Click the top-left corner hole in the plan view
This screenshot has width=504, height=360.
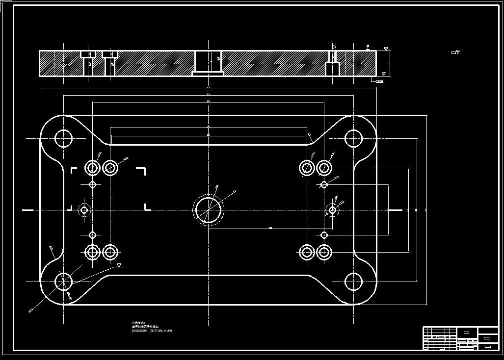point(64,139)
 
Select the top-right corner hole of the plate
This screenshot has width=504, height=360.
point(353,139)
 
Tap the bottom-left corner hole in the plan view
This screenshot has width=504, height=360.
point(64,282)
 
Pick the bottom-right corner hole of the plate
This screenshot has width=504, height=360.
point(353,282)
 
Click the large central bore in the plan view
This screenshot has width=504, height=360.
point(209,210)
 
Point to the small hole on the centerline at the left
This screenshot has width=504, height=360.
point(84,210)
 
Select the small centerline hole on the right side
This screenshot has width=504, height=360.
point(332,210)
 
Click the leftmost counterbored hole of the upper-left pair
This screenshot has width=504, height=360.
point(92,168)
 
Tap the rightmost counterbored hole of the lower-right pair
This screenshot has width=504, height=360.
point(323,252)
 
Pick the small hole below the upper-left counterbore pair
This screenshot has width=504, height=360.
point(92,184)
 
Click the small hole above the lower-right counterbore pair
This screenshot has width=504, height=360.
point(323,235)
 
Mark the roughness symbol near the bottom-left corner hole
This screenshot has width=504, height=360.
point(119,265)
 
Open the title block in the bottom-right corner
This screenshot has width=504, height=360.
point(460,338)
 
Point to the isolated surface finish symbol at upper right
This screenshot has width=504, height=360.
point(455,51)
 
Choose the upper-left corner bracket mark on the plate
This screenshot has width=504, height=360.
point(74,170)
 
